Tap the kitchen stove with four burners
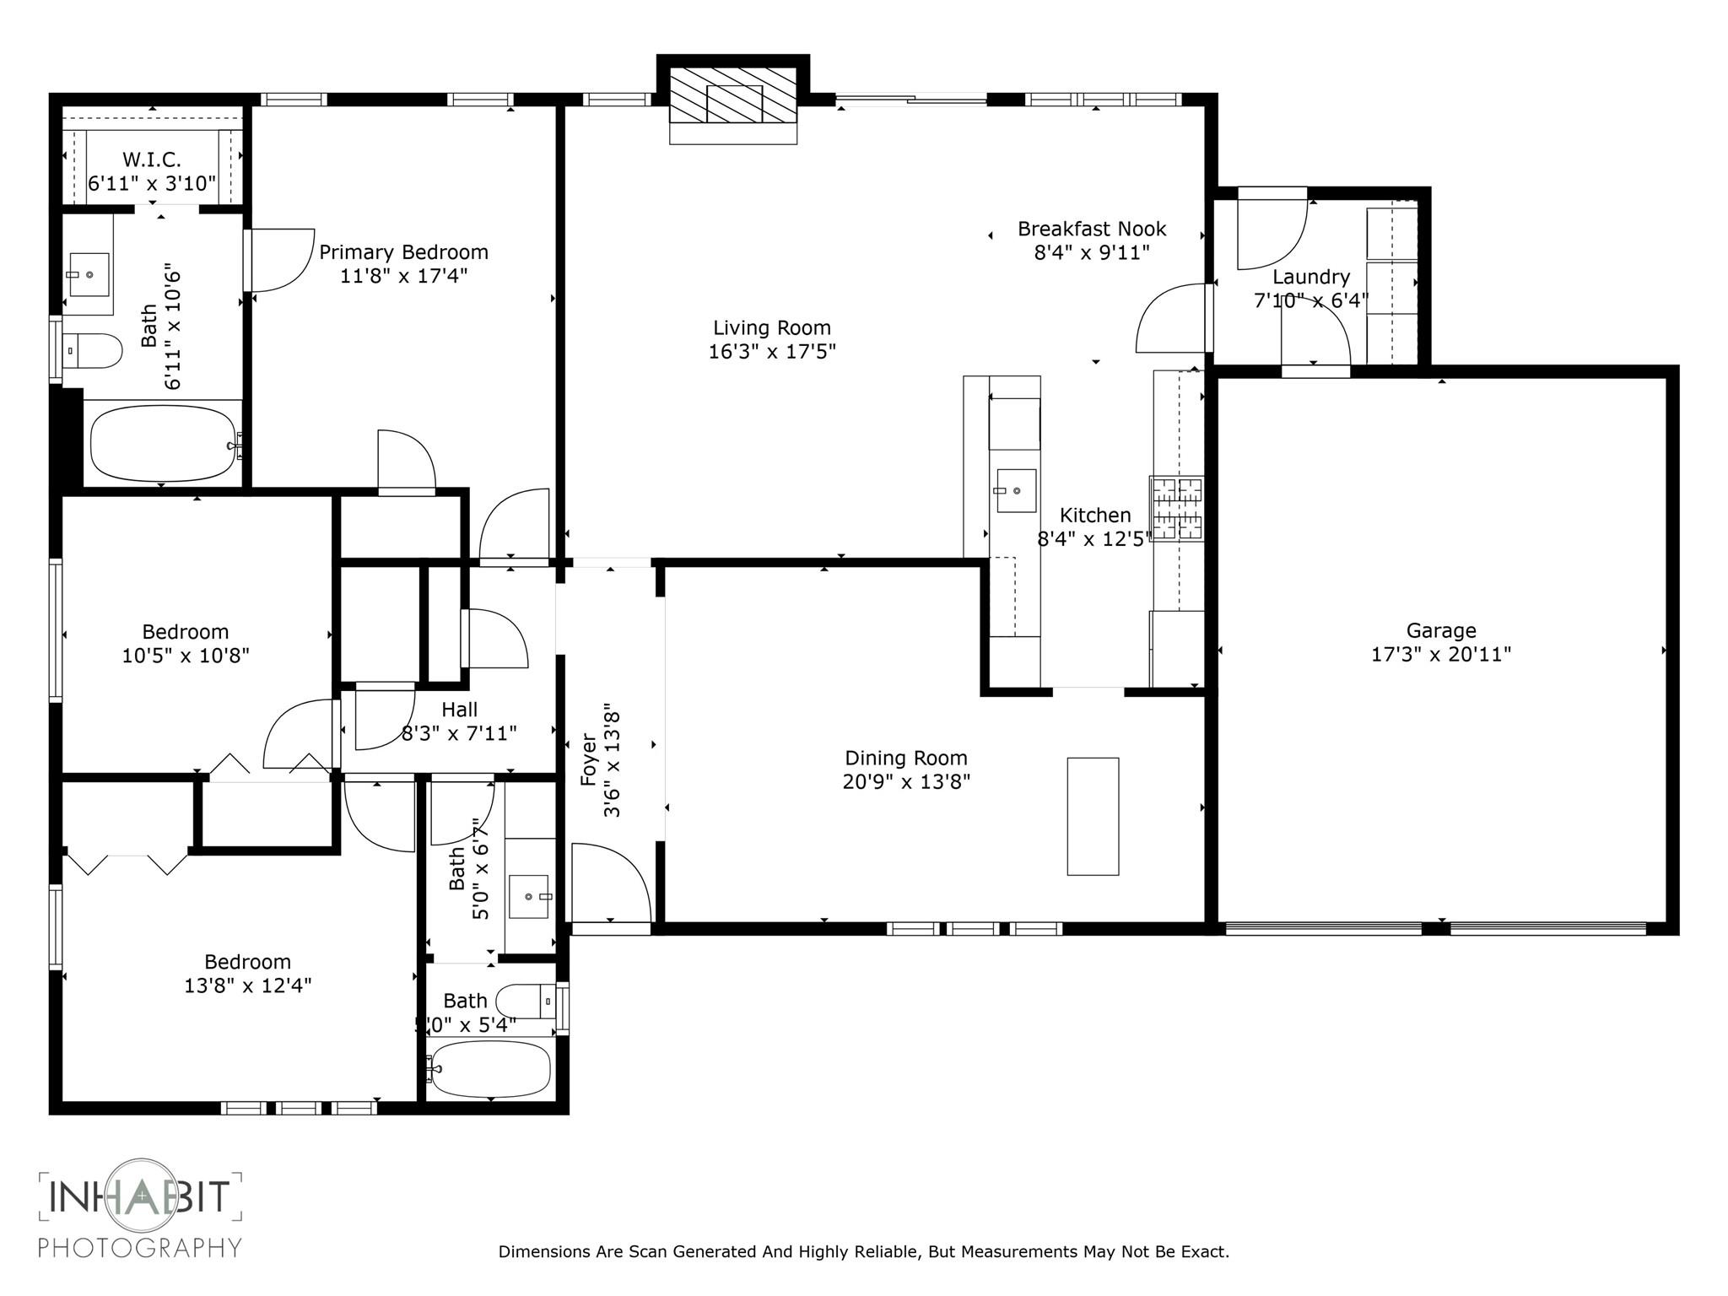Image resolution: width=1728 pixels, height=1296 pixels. coord(1176,508)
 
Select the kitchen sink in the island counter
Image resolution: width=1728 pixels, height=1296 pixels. coord(1016,490)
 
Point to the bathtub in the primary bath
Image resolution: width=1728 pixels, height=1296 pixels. coord(163,445)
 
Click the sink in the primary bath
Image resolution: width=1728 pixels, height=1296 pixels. coord(88,274)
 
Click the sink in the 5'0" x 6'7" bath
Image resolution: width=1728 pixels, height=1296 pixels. coord(529,897)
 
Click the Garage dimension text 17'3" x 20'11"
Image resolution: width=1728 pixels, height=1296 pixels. coord(1440,654)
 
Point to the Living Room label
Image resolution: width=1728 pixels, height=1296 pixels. coord(771,327)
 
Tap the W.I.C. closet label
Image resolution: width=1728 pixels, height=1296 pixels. coord(152,159)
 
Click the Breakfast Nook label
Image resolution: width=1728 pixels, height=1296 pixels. coord(1091,229)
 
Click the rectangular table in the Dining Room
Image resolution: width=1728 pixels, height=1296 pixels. coord(1093,816)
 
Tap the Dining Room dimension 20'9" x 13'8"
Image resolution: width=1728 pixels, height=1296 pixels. coord(905,781)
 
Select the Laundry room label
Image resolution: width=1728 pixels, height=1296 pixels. coord(1310,277)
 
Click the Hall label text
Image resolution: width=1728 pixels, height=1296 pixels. coord(459,710)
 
